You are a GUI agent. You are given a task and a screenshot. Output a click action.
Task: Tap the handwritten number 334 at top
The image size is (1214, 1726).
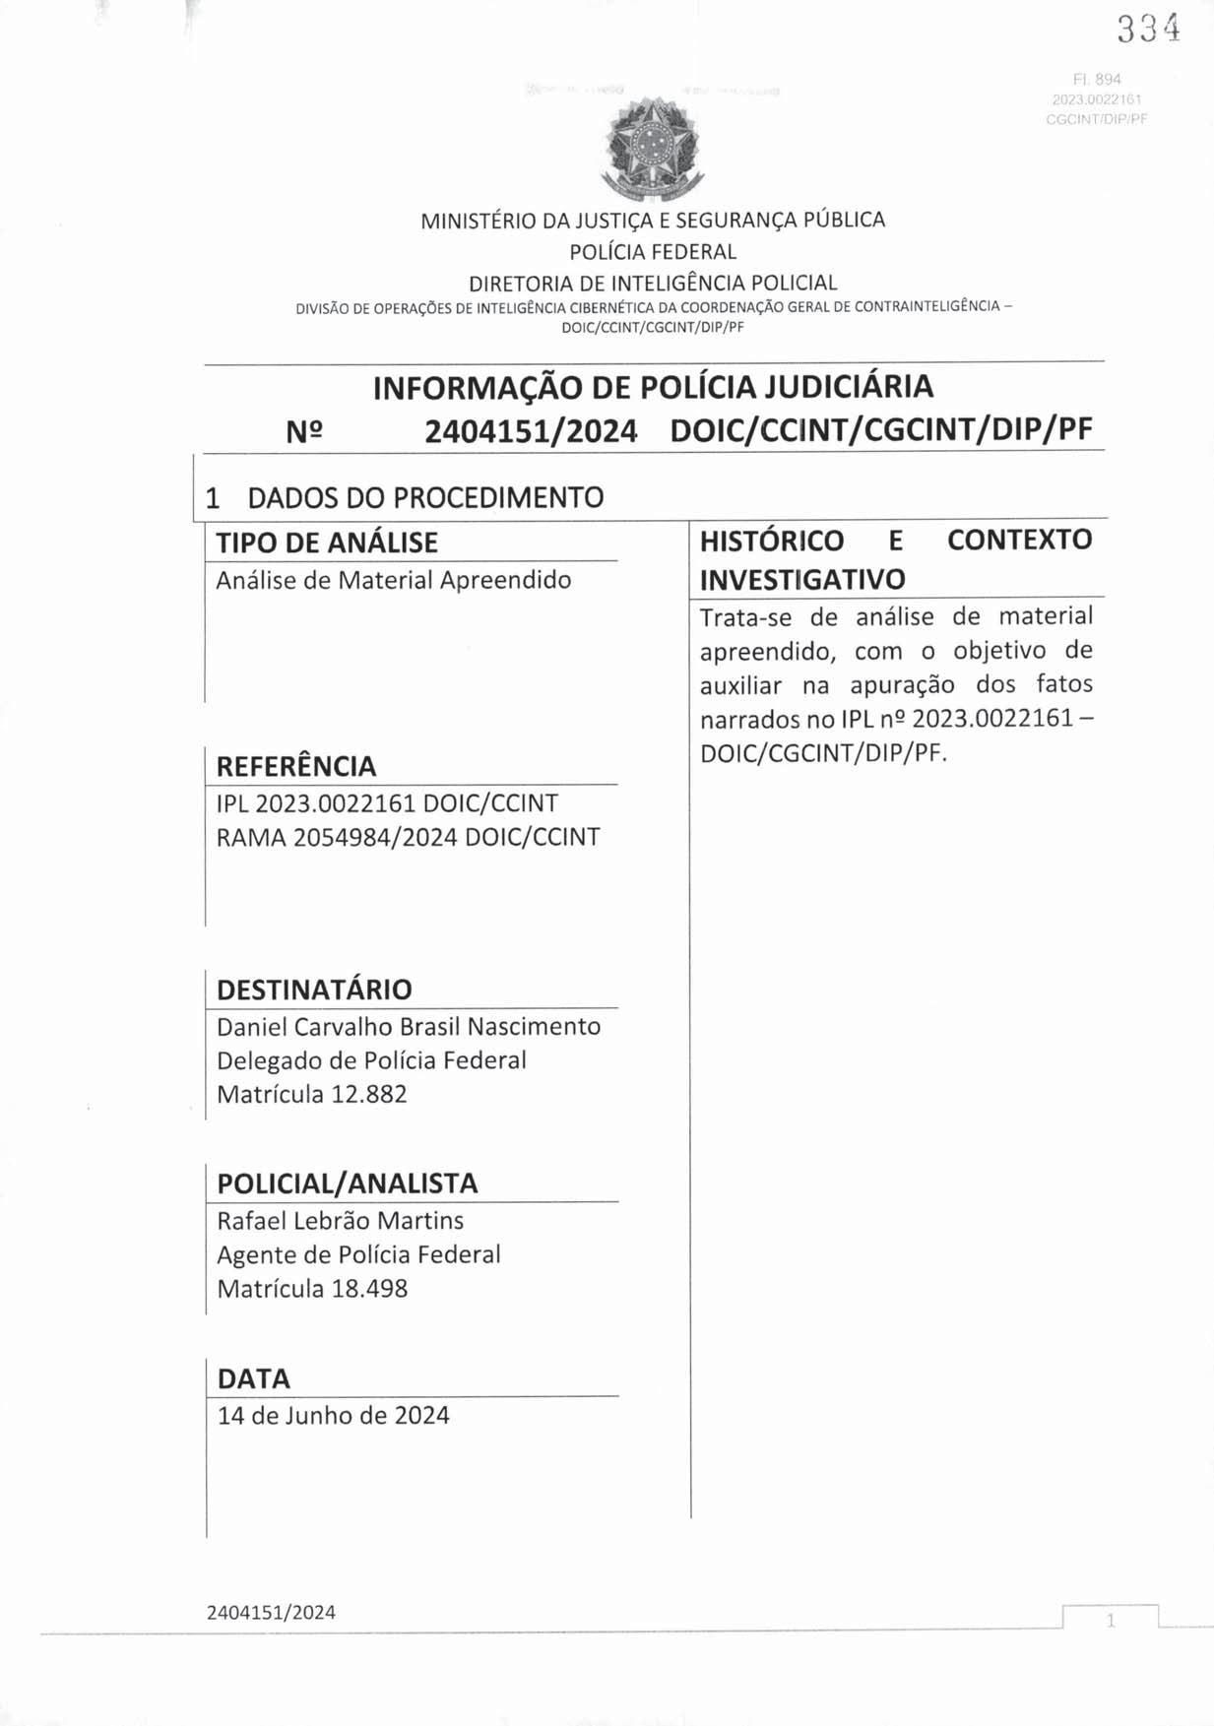click(1148, 30)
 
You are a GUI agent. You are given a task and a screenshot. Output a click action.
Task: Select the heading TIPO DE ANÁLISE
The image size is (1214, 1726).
click(327, 543)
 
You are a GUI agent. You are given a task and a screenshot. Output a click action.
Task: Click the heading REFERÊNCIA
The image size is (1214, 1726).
click(295, 766)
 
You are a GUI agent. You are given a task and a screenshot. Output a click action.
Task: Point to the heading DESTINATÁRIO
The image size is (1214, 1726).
click(314, 990)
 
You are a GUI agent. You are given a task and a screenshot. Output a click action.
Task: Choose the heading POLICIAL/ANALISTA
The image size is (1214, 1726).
click(347, 1183)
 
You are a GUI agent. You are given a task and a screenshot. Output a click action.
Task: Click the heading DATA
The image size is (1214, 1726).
click(253, 1378)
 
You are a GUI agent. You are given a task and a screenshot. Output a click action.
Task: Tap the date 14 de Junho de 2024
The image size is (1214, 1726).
click(333, 1416)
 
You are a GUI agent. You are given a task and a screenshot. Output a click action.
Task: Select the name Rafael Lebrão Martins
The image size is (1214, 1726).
click(340, 1221)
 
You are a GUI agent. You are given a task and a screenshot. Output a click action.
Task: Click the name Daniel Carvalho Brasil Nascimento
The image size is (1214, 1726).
click(409, 1027)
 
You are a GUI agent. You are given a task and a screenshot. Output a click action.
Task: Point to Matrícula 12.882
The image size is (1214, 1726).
click(311, 1094)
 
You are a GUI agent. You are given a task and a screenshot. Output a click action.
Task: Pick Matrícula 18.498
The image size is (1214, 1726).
click(311, 1289)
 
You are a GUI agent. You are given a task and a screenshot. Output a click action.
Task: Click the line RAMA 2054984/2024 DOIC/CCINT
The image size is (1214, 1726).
click(408, 837)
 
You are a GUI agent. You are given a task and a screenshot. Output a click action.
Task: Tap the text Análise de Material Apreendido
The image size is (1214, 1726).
click(393, 580)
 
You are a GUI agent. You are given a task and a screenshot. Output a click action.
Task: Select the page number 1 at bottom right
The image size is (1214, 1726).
click(1111, 1621)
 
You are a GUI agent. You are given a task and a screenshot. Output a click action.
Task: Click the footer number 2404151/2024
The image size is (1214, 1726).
click(271, 1613)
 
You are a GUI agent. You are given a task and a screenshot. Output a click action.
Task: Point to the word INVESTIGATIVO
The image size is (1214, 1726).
click(801, 580)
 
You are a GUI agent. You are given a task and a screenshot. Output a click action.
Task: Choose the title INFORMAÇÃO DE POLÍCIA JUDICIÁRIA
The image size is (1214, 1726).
click(653, 387)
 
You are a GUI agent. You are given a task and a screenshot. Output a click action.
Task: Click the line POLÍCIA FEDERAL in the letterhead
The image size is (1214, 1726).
click(653, 251)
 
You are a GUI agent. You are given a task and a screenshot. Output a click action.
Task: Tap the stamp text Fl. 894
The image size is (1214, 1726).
click(1099, 79)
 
